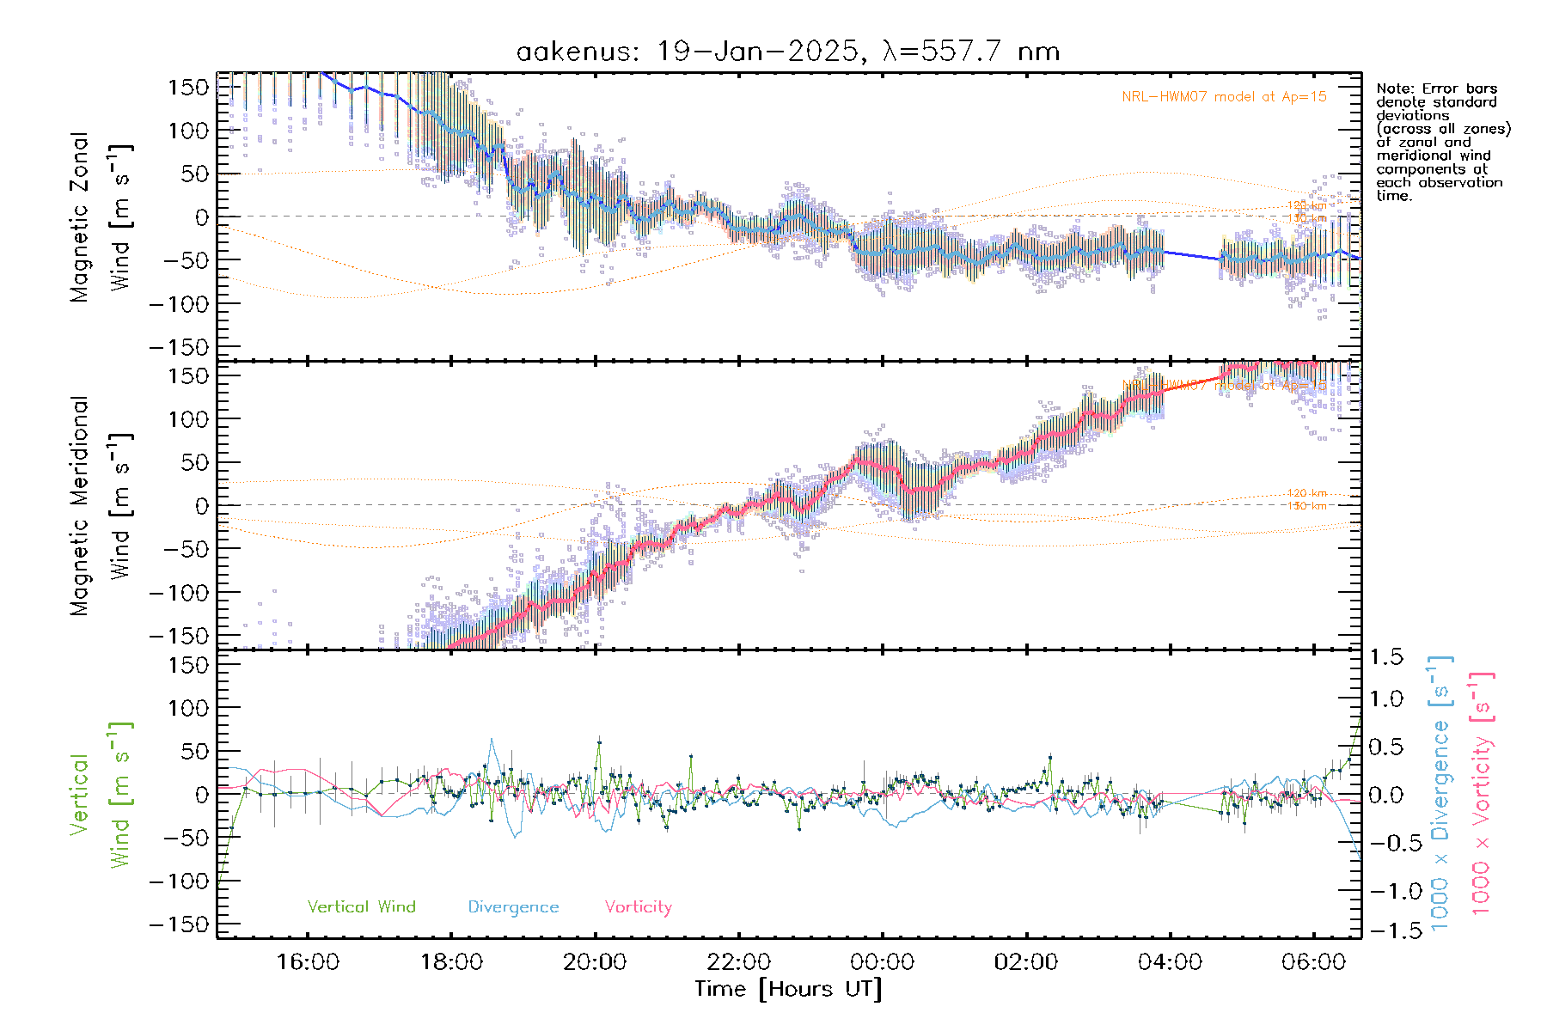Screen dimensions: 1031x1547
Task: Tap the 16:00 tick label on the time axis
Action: coord(308,962)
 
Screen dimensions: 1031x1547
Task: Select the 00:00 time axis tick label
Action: coord(883,962)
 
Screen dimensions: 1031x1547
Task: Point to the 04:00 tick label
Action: coord(1170,962)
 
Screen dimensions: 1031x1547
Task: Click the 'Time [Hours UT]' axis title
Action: coord(788,990)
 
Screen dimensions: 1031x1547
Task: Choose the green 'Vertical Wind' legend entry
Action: coord(361,907)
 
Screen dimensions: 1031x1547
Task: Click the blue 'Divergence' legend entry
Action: coord(513,907)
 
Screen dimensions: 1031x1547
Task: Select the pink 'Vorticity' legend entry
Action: coord(638,907)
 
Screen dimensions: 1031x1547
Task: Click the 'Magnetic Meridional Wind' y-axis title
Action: coord(101,506)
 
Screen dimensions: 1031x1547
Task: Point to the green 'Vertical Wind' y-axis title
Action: coord(101,795)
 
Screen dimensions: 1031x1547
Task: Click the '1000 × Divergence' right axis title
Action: coord(1440,794)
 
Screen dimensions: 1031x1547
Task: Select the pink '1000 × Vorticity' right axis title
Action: coord(1482,794)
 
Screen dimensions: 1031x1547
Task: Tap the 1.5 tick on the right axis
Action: coord(1385,657)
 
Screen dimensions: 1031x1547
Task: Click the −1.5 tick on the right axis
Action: coord(1385,931)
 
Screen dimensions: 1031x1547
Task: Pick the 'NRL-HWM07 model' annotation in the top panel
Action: coord(1224,97)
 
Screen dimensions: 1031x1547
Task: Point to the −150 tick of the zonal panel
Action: coord(180,347)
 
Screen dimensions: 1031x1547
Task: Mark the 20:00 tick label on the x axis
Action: coord(595,962)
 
